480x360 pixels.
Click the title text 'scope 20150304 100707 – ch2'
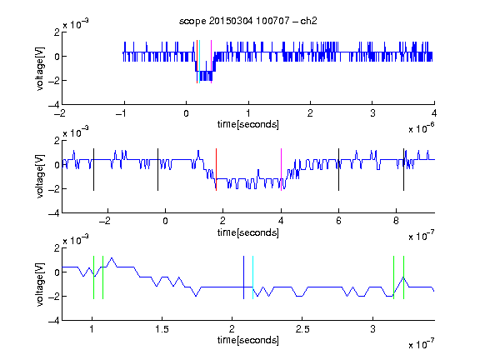point(248,21)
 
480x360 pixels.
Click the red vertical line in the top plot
point(197,62)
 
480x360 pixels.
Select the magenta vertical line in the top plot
point(211,62)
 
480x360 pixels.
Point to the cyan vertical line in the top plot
point(200,62)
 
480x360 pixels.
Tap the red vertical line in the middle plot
point(216,170)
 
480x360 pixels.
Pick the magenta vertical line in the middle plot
point(282,170)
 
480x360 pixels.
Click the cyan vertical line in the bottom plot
point(252,277)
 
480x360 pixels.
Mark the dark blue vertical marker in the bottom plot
point(243,277)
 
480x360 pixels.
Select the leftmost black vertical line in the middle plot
point(93,170)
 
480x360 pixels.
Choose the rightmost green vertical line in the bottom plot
point(404,277)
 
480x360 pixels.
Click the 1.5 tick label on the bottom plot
point(162,329)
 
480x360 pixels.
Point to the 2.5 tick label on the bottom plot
point(302,329)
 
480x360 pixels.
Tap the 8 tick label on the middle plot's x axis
point(396,221)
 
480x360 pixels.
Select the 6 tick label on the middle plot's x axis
point(338,221)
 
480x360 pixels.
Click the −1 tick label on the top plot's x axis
point(121,113)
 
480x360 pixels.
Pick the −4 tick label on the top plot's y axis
point(54,105)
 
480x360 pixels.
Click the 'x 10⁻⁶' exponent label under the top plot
point(422,128)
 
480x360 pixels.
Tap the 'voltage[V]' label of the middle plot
point(40,177)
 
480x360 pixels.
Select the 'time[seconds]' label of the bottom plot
point(248,340)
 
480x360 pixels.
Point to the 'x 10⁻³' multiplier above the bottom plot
point(76,240)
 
